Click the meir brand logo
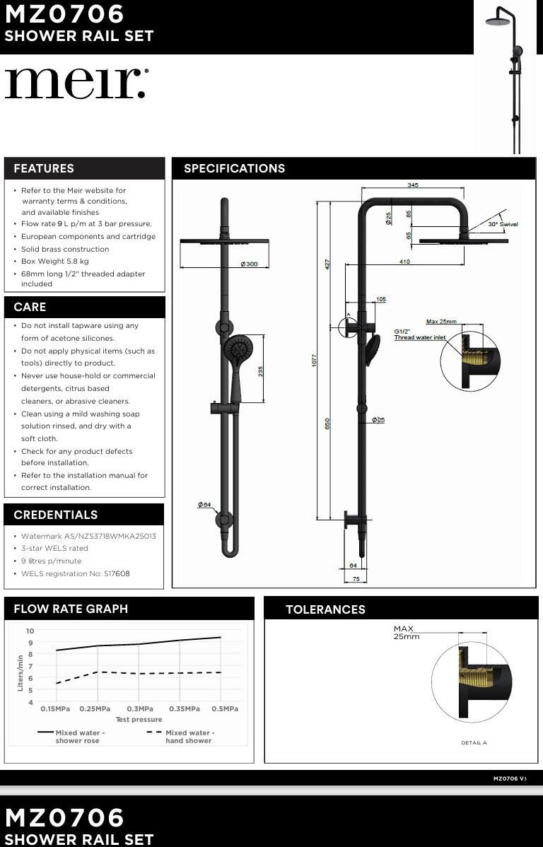pyautogui.click(x=76, y=83)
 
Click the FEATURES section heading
pyautogui.click(x=44, y=168)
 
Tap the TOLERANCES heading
pyautogui.click(x=325, y=609)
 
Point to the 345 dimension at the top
pyautogui.click(x=413, y=185)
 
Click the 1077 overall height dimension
pyautogui.click(x=315, y=359)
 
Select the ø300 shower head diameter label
pyautogui.click(x=249, y=264)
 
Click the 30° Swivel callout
pyautogui.click(x=503, y=224)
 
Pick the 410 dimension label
pyautogui.click(x=404, y=262)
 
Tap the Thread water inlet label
pyautogui.click(x=420, y=338)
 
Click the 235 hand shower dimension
pyautogui.click(x=261, y=372)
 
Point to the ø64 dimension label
pyautogui.click(x=204, y=505)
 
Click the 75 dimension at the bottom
pyautogui.click(x=356, y=579)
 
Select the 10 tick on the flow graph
pyautogui.click(x=30, y=631)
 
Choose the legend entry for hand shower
pyautogui.click(x=188, y=737)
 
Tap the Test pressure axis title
pyautogui.click(x=139, y=720)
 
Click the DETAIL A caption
pyautogui.click(x=474, y=743)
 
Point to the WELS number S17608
pyautogui.click(x=117, y=574)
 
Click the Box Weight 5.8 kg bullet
pyautogui.click(x=55, y=262)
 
